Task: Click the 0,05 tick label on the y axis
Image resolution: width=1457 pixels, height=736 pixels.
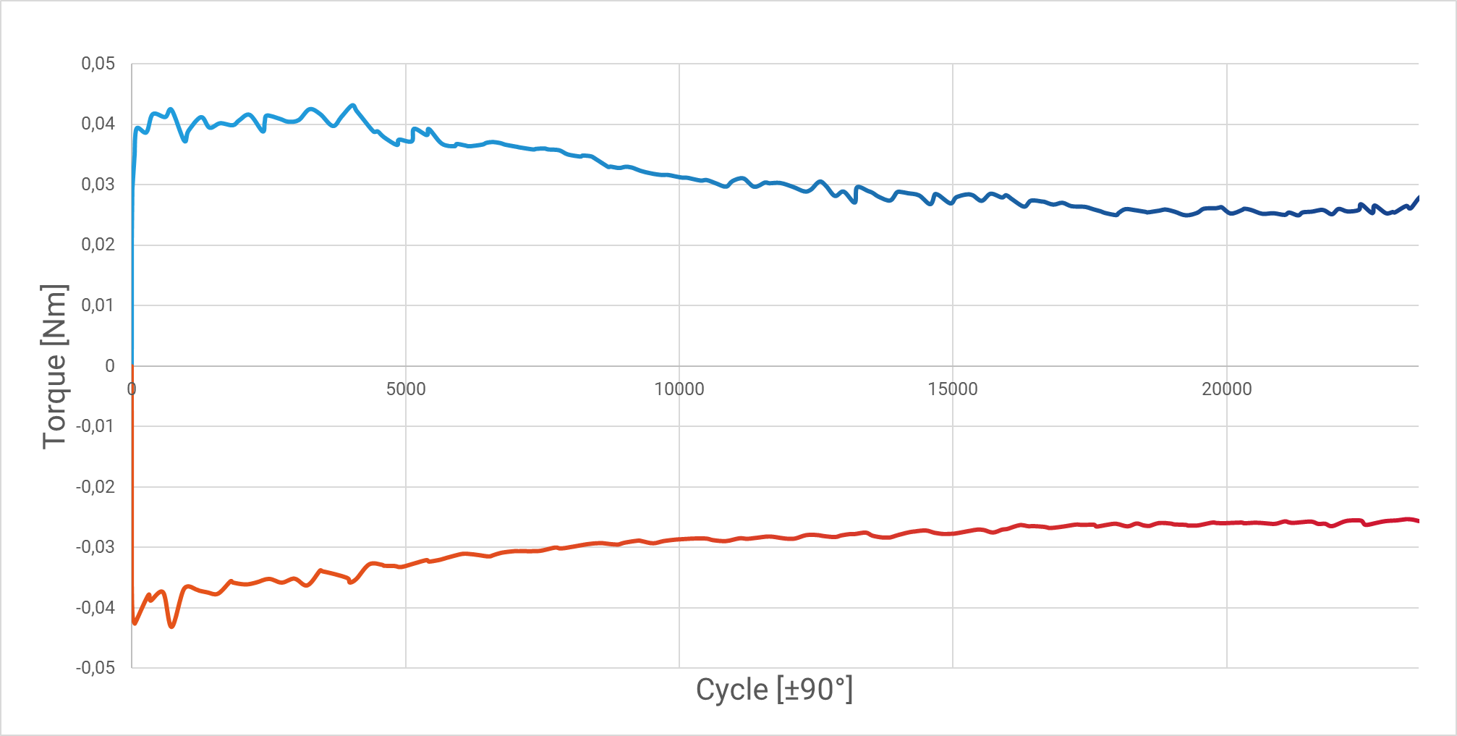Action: pos(98,64)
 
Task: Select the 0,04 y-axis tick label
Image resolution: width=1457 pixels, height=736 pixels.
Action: pos(98,124)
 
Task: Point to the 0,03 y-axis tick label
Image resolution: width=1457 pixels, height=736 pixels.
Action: pos(98,185)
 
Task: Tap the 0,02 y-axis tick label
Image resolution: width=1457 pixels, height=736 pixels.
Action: pos(98,245)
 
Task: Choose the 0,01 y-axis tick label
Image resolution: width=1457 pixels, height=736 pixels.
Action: pos(98,305)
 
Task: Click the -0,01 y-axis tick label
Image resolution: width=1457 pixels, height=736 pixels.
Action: pos(95,426)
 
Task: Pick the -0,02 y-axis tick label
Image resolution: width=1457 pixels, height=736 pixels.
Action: pos(95,486)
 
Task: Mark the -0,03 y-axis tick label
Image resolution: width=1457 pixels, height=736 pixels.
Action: pos(95,547)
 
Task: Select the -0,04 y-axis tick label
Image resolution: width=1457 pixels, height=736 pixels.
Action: pos(95,607)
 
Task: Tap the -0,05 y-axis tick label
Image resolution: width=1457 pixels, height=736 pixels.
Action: pos(95,667)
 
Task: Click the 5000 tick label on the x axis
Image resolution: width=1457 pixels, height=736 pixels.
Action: pos(406,389)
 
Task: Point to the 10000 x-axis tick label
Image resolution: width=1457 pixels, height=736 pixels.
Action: pos(679,389)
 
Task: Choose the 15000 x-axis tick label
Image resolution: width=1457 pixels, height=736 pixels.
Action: pos(953,389)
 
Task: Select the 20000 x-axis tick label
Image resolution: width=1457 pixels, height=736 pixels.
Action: pos(1227,389)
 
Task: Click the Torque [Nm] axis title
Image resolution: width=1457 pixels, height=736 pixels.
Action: pos(54,366)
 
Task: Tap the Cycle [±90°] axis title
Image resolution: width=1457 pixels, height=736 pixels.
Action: pos(774,690)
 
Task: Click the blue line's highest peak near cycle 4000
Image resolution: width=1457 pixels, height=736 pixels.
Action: pos(353,106)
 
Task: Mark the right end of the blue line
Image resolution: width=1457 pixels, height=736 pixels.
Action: pos(1418,197)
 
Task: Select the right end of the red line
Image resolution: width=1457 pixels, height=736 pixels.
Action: pos(1418,521)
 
